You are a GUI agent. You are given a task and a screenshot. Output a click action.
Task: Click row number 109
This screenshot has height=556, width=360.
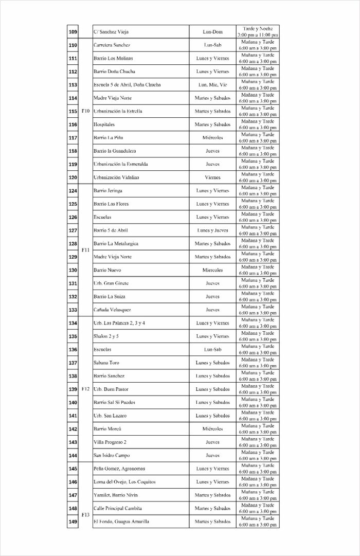click(x=73, y=32)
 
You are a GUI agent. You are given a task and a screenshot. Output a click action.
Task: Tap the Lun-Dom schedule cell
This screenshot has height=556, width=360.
click(x=212, y=32)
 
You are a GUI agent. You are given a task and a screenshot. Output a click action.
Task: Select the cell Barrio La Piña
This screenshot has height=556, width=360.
click(x=108, y=138)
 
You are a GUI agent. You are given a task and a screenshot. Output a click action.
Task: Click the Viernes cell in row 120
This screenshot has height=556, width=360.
click(x=212, y=177)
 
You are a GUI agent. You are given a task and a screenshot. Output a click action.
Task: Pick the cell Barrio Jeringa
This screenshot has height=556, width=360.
click(x=108, y=191)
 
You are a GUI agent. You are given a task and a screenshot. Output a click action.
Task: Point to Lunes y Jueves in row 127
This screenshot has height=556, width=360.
click(x=212, y=230)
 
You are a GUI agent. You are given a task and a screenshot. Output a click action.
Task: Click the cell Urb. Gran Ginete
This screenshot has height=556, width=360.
click(x=111, y=283)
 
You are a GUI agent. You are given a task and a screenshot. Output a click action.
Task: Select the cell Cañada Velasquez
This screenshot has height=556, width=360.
click(x=112, y=310)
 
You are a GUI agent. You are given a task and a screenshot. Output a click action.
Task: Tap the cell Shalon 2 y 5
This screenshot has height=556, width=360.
click(x=106, y=336)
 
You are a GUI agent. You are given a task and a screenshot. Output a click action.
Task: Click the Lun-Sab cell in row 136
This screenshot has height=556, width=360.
click(x=212, y=350)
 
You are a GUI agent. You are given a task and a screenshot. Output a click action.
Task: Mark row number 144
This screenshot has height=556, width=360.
click(x=73, y=455)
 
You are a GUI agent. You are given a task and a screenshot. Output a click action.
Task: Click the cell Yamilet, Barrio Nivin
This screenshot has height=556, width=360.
click(x=116, y=495)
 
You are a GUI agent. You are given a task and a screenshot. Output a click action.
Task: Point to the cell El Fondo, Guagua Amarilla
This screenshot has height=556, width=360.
click(x=121, y=522)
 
